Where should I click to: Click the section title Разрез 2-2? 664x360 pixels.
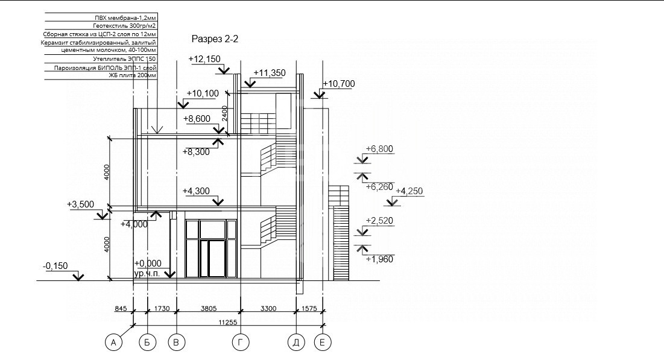point(215,39)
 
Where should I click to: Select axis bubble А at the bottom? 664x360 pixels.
point(113,343)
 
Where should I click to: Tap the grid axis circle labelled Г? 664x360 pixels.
point(241,343)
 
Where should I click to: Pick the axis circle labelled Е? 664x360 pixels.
point(322,343)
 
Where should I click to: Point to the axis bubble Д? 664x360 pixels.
point(296,343)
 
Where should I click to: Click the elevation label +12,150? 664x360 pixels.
point(204,59)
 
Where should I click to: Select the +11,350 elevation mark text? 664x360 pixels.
point(270,73)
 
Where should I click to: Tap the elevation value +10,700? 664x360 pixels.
point(339,84)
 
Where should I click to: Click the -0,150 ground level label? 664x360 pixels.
point(55,266)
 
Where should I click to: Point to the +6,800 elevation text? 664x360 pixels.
point(379,149)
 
